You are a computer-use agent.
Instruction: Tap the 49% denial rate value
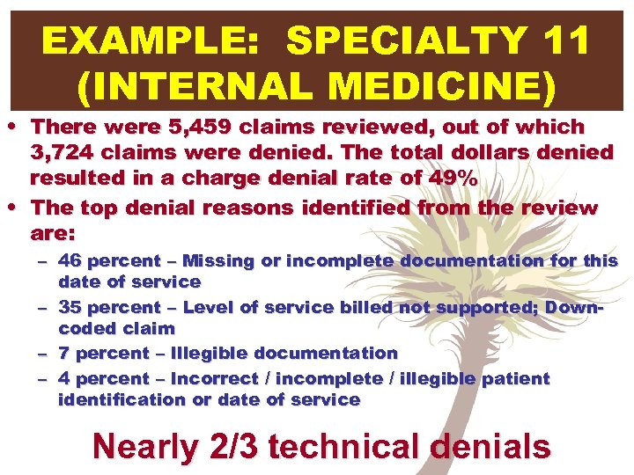(452, 179)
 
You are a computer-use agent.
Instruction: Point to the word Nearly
(145, 446)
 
